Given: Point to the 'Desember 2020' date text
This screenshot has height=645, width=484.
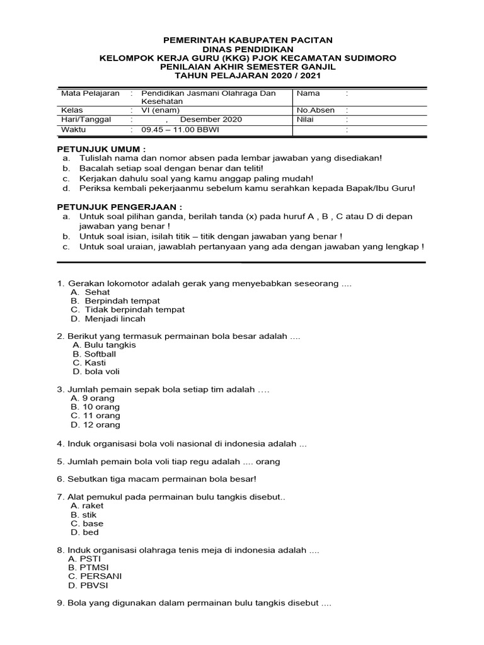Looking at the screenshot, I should point(210,120).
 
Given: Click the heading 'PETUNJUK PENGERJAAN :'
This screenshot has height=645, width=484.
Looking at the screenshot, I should point(120,207).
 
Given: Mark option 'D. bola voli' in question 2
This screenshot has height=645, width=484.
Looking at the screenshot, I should point(96,372).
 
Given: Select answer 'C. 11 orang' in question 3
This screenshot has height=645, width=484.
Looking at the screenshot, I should point(96,416).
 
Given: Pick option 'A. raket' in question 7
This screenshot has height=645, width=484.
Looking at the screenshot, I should point(88,505).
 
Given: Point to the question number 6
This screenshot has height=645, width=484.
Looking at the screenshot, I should point(60,479).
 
